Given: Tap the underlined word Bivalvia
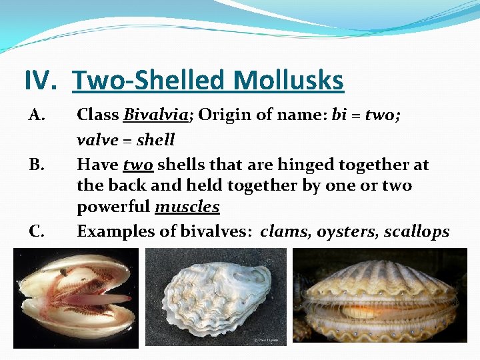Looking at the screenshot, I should click(154, 115).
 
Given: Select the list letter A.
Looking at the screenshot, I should click(36, 115).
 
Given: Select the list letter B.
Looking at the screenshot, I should click(36, 165).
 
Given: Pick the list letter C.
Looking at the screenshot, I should click(36, 232).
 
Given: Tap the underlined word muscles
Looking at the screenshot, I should click(187, 207).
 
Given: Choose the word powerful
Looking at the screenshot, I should click(113, 207).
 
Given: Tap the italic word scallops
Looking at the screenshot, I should click(417, 232).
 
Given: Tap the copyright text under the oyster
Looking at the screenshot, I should click(267, 341).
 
